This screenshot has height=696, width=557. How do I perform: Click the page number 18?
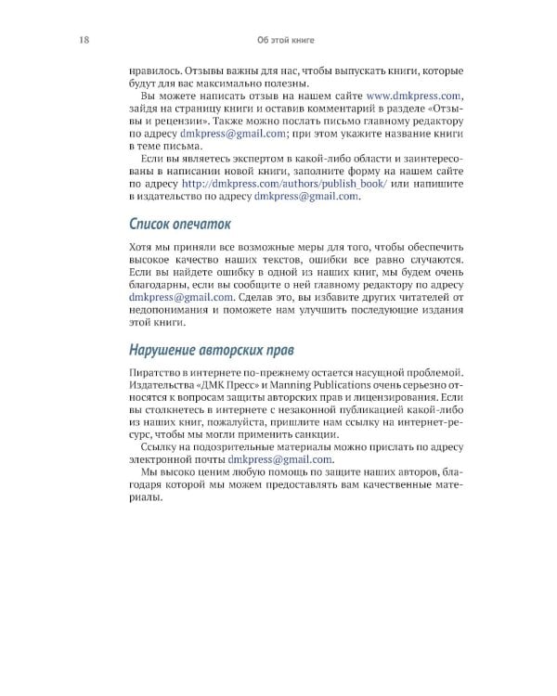click(x=85, y=40)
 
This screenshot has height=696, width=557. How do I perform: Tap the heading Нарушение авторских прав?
click(x=210, y=350)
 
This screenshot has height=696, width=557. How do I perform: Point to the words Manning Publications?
click(x=338, y=385)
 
